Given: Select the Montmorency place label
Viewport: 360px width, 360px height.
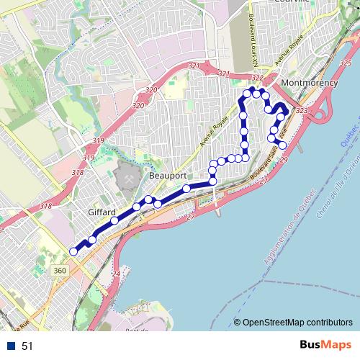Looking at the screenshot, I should coord(310,84).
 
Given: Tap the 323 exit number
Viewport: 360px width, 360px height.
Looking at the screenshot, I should coord(301,110).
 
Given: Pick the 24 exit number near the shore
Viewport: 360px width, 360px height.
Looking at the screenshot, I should coord(116,274).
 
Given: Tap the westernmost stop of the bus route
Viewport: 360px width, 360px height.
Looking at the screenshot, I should coord(73,251).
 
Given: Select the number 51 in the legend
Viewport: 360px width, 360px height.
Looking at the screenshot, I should coord(27,346).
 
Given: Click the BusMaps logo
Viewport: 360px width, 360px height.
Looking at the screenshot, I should coord(325,346).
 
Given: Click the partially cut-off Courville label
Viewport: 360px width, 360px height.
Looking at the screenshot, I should coord(291,2).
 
